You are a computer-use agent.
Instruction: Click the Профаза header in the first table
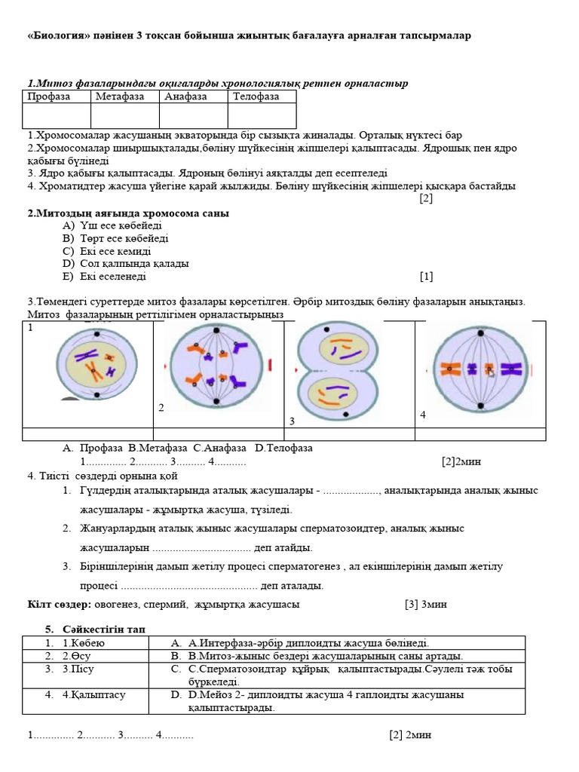point(49,96)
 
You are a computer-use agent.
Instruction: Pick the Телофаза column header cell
point(256,96)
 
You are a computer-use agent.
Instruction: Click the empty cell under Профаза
point(57,116)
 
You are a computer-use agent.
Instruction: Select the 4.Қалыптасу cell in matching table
point(93,695)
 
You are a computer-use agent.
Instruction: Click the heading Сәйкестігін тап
point(104,629)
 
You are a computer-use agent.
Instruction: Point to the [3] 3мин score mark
point(424,605)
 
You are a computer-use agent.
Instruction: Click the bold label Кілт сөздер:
point(60,605)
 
